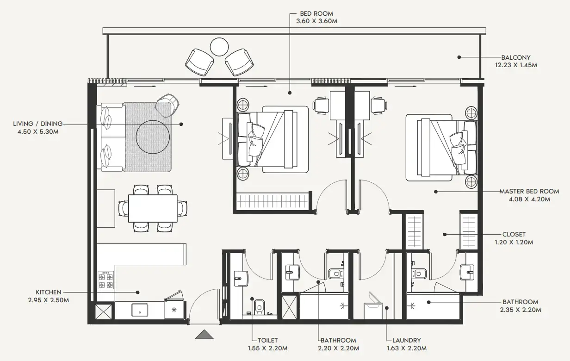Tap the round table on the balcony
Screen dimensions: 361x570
(x=219, y=47)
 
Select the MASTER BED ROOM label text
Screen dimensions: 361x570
(x=529, y=191)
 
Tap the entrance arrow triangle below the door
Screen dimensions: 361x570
(x=204, y=334)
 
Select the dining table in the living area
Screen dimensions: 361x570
(x=153, y=208)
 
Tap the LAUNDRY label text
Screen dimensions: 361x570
(x=406, y=341)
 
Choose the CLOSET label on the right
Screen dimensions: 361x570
(x=514, y=234)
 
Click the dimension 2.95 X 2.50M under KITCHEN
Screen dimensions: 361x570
(x=49, y=300)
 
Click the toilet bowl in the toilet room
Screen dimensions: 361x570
(x=259, y=305)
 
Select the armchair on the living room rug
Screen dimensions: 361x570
(x=167, y=106)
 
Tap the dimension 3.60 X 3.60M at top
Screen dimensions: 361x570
(x=317, y=21)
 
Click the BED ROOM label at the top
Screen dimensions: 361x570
(x=317, y=13)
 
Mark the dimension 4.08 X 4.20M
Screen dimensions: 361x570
(x=529, y=199)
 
